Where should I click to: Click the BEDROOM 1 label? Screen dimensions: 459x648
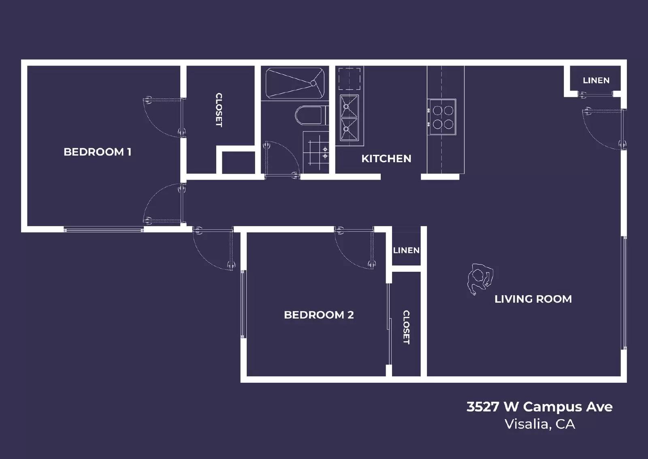click(97, 152)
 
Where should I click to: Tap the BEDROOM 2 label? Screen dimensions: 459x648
click(319, 315)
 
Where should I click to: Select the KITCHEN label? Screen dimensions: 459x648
click(386, 159)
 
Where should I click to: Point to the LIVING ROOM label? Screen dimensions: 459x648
click(533, 299)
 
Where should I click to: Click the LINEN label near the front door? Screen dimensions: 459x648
click(596, 80)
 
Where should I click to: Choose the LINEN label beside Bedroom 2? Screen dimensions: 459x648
click(406, 250)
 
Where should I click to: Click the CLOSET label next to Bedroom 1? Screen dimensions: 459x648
click(219, 110)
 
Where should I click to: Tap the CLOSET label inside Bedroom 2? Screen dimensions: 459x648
click(406, 327)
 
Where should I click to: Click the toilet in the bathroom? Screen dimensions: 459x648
click(310, 116)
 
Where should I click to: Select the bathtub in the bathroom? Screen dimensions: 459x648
click(295, 83)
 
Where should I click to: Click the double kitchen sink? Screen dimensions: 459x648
click(349, 118)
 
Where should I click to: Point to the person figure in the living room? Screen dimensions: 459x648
click(480, 279)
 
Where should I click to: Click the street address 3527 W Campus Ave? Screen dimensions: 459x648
click(539, 407)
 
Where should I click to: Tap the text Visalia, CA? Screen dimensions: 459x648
click(539, 424)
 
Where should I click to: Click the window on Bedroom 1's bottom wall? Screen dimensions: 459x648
click(104, 230)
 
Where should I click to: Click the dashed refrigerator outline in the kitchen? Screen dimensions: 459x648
click(349, 79)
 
